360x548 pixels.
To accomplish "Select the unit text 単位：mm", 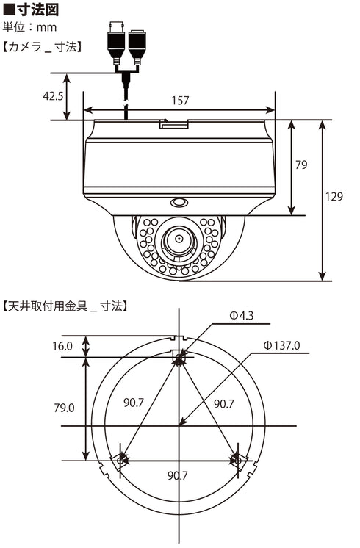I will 30,29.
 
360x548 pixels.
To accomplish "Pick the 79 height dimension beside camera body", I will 301,166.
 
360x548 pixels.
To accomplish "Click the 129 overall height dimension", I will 334,196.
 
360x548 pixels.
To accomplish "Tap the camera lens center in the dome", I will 178,239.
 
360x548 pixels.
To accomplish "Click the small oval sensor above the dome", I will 179,203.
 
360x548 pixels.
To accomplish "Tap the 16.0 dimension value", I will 63,346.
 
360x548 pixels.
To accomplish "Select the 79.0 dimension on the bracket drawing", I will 63,408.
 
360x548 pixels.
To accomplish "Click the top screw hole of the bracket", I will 179,358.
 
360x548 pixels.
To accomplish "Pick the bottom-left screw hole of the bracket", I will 121,460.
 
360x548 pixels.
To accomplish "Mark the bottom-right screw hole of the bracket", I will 237,460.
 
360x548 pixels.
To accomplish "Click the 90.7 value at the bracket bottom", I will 179,476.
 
